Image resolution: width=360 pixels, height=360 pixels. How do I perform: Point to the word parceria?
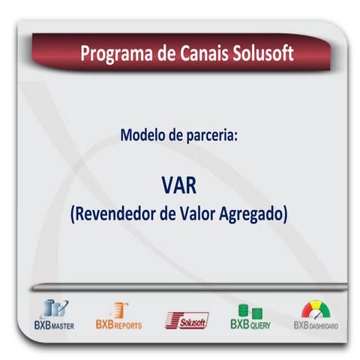click(x=211, y=136)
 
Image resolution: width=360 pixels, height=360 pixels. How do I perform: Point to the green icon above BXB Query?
click(x=250, y=310)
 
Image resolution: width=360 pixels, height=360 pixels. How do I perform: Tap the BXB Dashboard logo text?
click(x=316, y=325)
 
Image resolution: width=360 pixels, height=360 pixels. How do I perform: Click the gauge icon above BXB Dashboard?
click(x=316, y=310)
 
